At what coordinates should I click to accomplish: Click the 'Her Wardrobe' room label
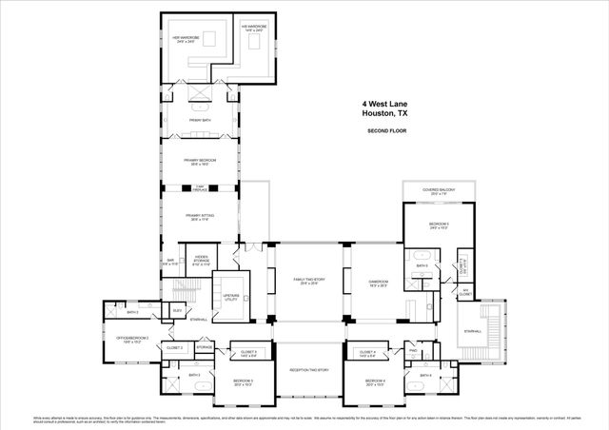184,39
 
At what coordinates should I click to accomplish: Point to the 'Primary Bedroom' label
199,162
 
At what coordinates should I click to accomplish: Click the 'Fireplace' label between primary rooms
200,187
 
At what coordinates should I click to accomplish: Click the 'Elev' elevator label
177,309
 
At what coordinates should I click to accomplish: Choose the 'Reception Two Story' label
309,369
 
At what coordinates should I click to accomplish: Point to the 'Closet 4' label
368,353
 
